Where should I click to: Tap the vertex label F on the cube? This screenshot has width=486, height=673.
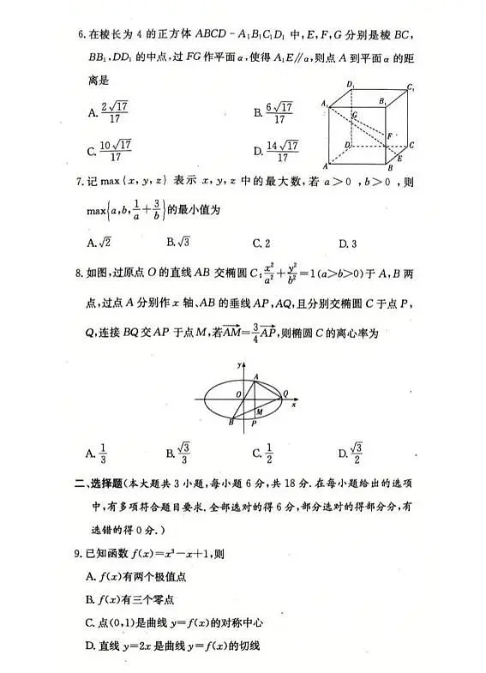click(x=390, y=135)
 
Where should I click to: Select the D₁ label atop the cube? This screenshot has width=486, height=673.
click(x=350, y=84)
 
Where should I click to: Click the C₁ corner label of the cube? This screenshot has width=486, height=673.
click(x=411, y=87)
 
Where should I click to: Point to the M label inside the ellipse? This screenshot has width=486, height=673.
click(x=258, y=412)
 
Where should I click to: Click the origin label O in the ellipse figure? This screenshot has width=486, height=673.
click(x=239, y=394)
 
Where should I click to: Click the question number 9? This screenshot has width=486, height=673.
click(x=81, y=554)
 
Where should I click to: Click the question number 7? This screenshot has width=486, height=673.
click(x=81, y=182)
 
